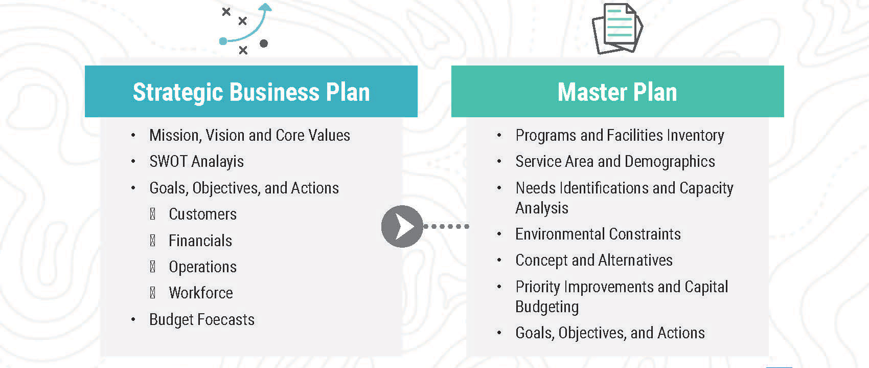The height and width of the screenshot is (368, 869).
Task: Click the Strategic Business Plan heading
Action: [251, 92]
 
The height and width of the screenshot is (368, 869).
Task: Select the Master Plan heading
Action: [617, 92]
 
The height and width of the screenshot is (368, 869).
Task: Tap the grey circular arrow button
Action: [402, 226]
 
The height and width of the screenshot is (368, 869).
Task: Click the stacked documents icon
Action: [617, 28]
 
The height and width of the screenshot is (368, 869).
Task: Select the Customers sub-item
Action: [202, 214]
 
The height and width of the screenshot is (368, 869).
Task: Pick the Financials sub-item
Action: [200, 241]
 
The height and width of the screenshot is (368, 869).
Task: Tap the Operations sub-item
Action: [202, 267]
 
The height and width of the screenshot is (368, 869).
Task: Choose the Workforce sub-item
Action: [201, 293]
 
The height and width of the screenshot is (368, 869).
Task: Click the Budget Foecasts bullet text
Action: [202, 319]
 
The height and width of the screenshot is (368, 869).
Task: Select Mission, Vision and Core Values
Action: [249, 135]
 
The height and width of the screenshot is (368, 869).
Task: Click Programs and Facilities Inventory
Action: [620, 135]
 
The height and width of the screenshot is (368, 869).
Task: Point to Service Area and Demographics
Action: [615, 161]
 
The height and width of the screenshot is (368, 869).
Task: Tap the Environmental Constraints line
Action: [598, 234]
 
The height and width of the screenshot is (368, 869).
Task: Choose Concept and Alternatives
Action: [594, 260]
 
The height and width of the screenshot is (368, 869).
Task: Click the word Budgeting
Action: [547, 307]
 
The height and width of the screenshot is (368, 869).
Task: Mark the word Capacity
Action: [706, 188]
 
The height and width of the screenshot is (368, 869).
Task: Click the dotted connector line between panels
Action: [446, 226]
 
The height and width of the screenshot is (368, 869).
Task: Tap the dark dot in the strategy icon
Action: [264, 43]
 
